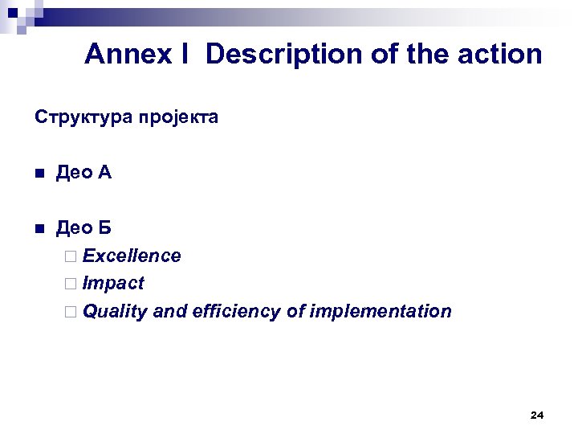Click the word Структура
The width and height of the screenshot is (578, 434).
pyautogui.click(x=79, y=118)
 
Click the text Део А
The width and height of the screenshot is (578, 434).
pyautogui.click(x=83, y=173)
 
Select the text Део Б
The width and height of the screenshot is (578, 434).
pyautogui.click(x=83, y=228)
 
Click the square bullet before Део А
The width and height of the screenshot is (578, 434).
pyautogui.click(x=39, y=174)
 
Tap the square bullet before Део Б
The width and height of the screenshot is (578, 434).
pyautogui.click(x=39, y=229)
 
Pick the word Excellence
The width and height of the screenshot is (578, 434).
pyautogui.click(x=132, y=256)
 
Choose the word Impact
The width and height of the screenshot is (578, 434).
pyautogui.click(x=113, y=284)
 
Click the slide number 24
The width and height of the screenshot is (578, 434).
pyautogui.click(x=537, y=416)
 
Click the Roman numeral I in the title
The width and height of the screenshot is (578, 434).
pyautogui.click(x=185, y=55)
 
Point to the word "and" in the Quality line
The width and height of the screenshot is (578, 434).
pyautogui.click(x=169, y=311)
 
